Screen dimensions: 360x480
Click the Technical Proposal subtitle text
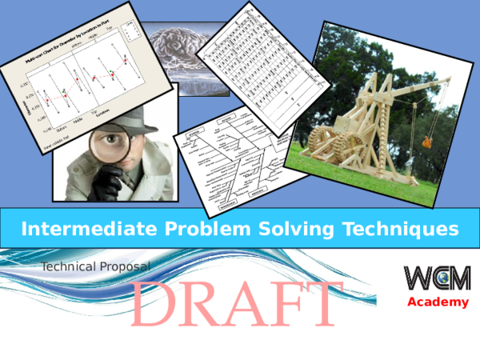pos(96,266)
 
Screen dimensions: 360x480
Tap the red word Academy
pos(438,302)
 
